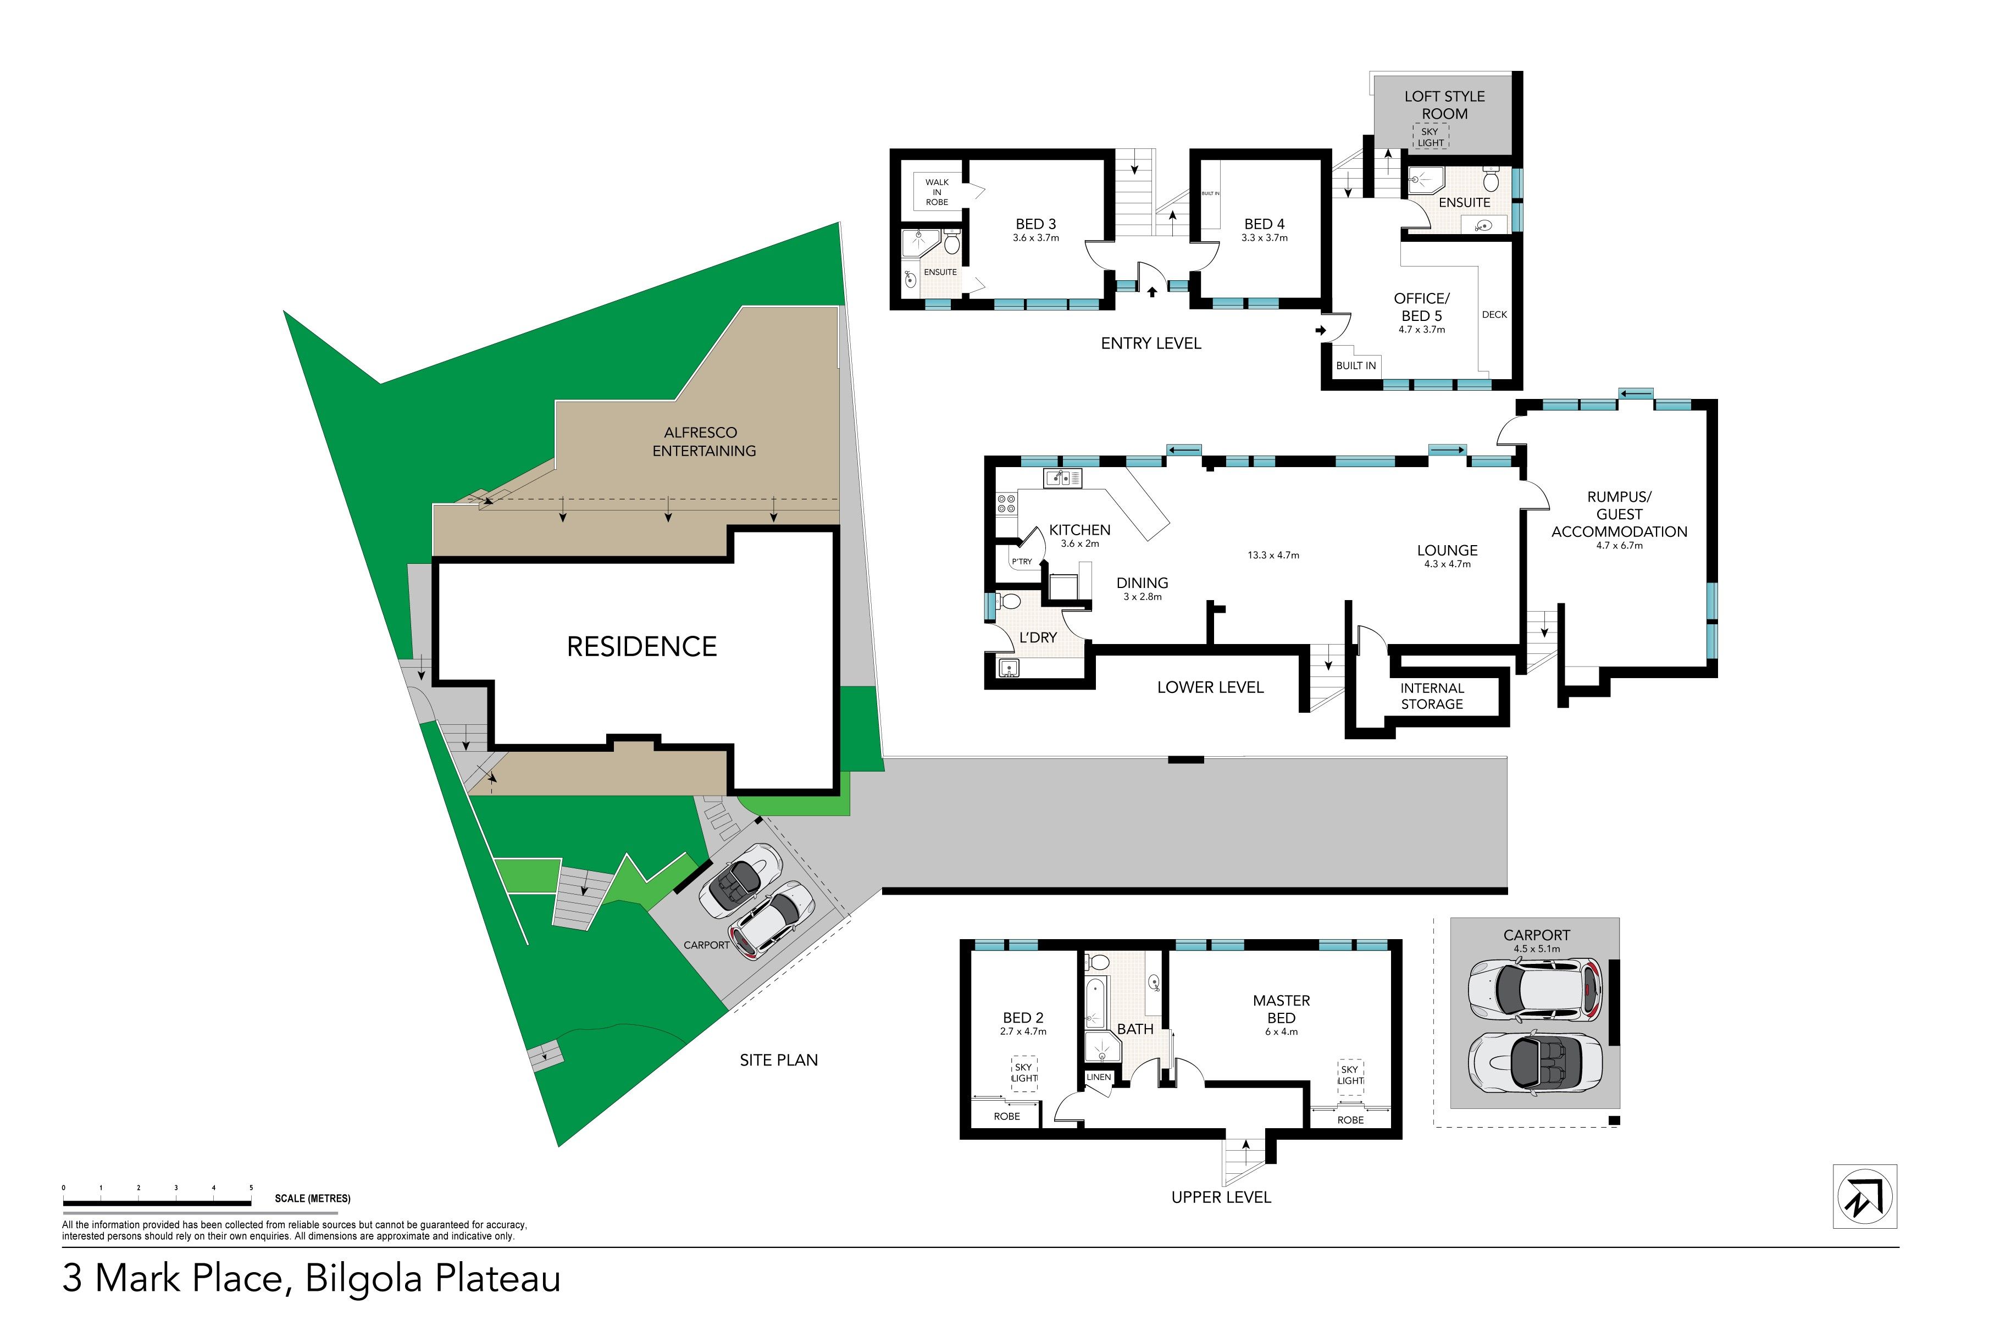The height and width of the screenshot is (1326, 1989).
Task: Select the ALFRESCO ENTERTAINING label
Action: click(x=703, y=441)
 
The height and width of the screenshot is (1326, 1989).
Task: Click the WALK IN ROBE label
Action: click(x=937, y=192)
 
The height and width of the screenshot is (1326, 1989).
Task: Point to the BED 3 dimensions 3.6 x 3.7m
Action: click(x=1036, y=237)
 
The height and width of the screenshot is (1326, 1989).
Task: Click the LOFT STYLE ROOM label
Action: click(x=1444, y=105)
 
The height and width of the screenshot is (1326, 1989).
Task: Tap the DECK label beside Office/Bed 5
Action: click(x=1494, y=314)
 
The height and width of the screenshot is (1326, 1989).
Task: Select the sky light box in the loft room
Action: click(x=1430, y=137)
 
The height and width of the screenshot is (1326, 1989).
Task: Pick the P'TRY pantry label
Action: click(x=1022, y=562)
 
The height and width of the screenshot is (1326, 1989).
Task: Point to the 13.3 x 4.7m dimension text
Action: click(x=1273, y=555)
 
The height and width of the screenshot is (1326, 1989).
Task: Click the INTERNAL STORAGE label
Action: click(x=1432, y=696)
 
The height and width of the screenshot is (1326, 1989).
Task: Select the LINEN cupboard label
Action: click(x=1099, y=1077)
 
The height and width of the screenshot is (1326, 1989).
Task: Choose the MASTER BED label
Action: click(x=1281, y=1009)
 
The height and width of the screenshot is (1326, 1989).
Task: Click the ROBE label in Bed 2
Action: click(x=1006, y=1116)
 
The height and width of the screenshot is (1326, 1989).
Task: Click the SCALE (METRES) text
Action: click(x=312, y=1199)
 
